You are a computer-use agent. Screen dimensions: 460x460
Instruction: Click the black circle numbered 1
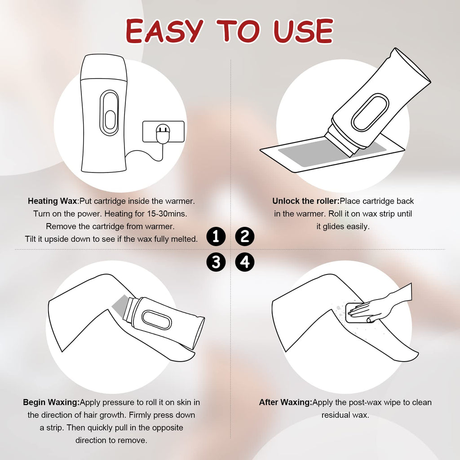(216, 236)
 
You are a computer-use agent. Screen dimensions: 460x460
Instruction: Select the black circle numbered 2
(245, 236)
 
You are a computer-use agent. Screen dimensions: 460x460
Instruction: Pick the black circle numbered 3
(216, 262)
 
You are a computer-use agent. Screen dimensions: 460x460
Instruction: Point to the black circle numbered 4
(245, 262)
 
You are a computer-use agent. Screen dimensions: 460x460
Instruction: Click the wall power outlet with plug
(164, 132)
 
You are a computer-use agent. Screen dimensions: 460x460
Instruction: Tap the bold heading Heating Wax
(53, 201)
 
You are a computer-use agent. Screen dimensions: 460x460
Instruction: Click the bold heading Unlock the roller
(305, 201)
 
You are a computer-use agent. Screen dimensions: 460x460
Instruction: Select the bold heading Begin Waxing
(51, 402)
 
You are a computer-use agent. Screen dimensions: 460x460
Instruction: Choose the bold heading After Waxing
(285, 402)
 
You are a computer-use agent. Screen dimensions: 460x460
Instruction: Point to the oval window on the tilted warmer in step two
(370, 112)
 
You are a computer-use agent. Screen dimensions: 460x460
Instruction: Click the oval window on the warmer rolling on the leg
(156, 319)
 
